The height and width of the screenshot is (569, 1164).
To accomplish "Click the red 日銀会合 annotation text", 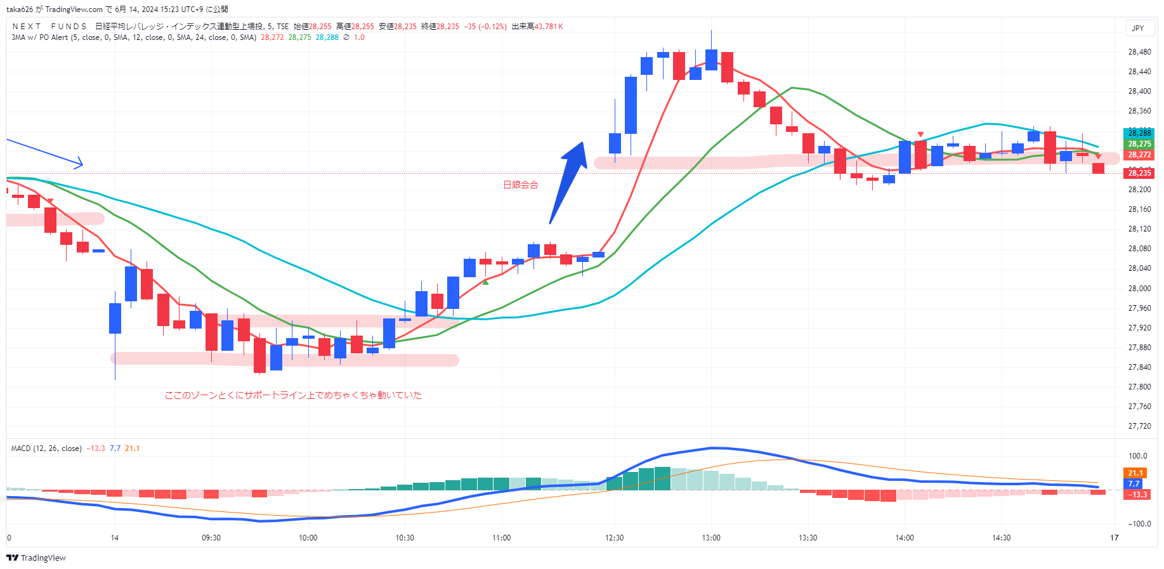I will click(x=520, y=185).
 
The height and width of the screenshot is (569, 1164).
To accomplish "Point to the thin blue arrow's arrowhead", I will click(x=80, y=164).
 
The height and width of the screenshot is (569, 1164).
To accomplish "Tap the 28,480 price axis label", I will click(x=1139, y=52).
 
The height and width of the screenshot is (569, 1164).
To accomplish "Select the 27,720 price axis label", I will click(x=1139, y=426).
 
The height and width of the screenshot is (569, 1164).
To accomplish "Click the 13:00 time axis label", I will click(x=711, y=538).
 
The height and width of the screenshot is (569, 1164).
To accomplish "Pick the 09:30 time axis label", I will click(x=211, y=538).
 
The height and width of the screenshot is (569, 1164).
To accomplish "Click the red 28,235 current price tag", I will click(x=1139, y=173).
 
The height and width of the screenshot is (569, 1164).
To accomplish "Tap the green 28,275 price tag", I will click(x=1139, y=144).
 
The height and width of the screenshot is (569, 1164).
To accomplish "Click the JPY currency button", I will click(x=1138, y=28).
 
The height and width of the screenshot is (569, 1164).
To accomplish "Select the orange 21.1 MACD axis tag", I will click(x=1135, y=473).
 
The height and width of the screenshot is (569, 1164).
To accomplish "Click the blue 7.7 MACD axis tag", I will click(x=1134, y=484).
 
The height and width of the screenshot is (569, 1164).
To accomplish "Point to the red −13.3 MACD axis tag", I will click(x=1137, y=495).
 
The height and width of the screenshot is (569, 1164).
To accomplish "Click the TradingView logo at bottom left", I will click(x=36, y=558).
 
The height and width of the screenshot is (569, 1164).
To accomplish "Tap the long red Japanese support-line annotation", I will click(x=293, y=395).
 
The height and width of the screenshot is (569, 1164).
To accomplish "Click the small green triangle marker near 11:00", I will click(x=485, y=282).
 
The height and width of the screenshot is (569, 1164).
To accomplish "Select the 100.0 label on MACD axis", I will click(x=1138, y=456).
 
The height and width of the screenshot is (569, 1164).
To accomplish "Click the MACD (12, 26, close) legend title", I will click(x=46, y=448).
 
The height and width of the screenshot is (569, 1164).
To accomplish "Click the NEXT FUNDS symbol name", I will click(x=49, y=27).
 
